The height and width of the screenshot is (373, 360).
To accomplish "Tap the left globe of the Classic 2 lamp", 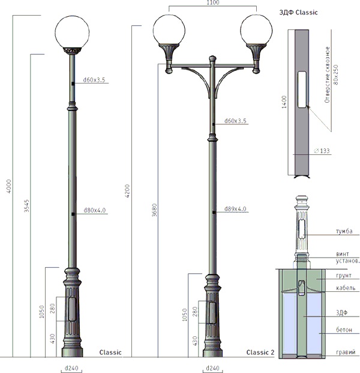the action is (169, 30).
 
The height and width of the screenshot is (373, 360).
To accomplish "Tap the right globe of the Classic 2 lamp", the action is (256, 30).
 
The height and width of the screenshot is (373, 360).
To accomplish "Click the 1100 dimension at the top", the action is (213, 2).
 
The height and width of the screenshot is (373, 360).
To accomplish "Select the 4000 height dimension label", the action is (8, 186).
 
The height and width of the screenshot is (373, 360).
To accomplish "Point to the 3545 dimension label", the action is (26, 206).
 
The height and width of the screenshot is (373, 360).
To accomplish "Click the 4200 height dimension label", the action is (127, 191).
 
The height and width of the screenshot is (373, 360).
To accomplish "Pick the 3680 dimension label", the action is (154, 210).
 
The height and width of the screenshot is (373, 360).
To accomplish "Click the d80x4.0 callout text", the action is (95, 210).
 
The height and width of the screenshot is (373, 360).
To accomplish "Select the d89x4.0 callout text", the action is (235, 209).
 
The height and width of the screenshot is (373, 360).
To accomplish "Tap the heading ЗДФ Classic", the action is (298, 13).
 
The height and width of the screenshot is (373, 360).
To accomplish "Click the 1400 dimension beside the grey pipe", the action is (284, 102).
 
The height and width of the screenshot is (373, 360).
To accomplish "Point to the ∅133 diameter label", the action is (322, 151).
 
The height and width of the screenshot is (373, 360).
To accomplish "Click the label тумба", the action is (344, 231).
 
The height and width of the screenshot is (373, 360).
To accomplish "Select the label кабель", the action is (346, 288).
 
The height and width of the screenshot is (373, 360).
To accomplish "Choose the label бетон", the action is (344, 330).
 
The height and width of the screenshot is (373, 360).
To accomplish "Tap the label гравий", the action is (346, 352).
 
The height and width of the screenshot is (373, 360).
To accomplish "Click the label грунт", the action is (344, 276).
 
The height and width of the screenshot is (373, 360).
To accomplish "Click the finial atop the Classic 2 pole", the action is (212, 58).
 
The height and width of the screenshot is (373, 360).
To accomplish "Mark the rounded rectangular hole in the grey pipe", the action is (302, 89).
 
